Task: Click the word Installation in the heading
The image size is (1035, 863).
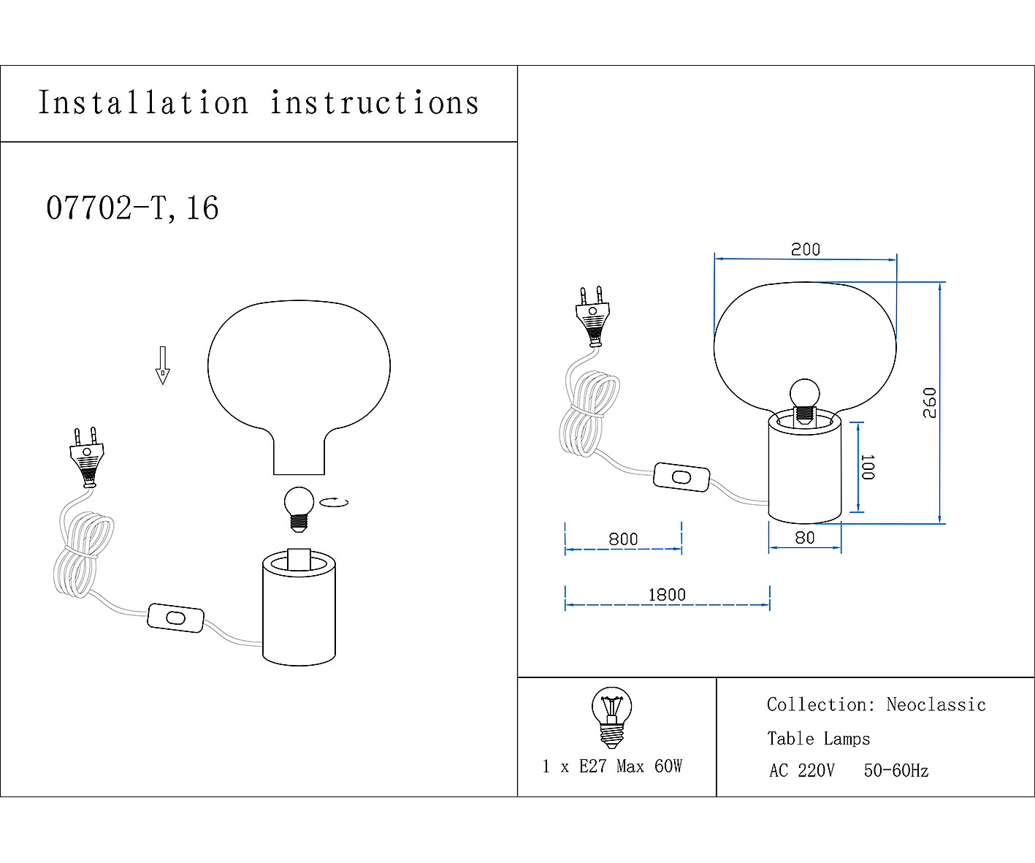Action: [143, 103]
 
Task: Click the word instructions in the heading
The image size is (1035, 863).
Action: [375, 103]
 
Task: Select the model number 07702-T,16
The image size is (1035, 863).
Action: [132, 208]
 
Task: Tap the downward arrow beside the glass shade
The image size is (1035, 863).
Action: [162, 365]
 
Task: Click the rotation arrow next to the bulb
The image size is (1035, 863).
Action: [335, 502]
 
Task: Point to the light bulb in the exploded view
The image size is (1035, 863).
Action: [299, 506]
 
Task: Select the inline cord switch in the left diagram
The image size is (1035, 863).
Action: [175, 618]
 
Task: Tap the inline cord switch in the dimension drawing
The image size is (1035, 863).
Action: [681, 477]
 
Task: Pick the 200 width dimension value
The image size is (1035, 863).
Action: [806, 249]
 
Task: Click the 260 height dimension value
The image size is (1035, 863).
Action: [929, 403]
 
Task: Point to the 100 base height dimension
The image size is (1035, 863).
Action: [867, 468]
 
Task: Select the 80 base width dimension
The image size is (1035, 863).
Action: [804, 538]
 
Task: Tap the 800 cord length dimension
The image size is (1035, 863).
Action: [623, 539]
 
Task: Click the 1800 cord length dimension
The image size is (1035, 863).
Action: [667, 595]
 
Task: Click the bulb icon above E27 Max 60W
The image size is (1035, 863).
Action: [611, 717]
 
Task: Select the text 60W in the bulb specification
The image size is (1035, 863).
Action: [668, 766]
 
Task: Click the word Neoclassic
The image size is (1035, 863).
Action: [936, 705]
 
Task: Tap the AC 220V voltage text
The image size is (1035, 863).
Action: [801, 771]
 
